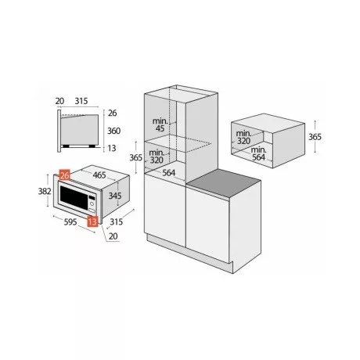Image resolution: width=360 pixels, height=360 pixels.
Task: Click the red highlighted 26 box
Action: (x=65, y=175)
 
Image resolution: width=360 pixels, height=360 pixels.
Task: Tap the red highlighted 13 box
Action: (x=92, y=221)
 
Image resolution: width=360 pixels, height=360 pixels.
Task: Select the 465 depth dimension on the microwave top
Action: (x=99, y=175)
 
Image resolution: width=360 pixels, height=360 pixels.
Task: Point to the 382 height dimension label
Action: (x=45, y=191)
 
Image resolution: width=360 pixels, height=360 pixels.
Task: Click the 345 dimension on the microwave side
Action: (x=115, y=195)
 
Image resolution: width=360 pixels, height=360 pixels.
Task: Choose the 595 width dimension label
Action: (x=70, y=221)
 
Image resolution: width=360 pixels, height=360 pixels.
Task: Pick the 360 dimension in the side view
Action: (x=113, y=131)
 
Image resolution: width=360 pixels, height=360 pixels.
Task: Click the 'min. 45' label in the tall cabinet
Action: (x=160, y=124)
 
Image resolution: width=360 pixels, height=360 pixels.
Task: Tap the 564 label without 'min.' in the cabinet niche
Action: (x=169, y=172)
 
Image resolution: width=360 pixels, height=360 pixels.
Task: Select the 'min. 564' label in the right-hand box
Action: (x=258, y=153)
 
